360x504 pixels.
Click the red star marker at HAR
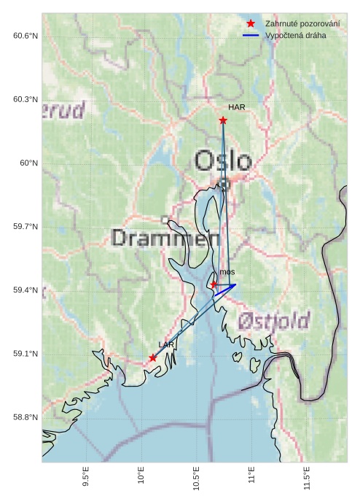[x=223, y=120]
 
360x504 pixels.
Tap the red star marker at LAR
[x=152, y=357]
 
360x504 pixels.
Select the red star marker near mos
[x=214, y=284]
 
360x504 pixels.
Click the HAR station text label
[x=236, y=107]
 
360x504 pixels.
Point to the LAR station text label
[x=166, y=344]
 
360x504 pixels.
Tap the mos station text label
[x=227, y=272]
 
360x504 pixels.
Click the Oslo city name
[x=223, y=161]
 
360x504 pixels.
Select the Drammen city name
[x=166, y=239]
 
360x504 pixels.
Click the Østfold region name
[x=273, y=320]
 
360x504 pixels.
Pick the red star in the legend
[x=251, y=24]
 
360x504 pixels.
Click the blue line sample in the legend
[x=251, y=35]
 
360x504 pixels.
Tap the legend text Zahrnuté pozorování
[x=302, y=24]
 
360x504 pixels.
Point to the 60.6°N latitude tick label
[x=25, y=36]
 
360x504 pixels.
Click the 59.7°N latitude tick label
[x=25, y=227]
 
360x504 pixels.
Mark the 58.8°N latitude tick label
[x=25, y=417]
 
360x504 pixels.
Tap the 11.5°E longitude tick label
[x=308, y=479]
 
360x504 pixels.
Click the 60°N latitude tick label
[x=28, y=163]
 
